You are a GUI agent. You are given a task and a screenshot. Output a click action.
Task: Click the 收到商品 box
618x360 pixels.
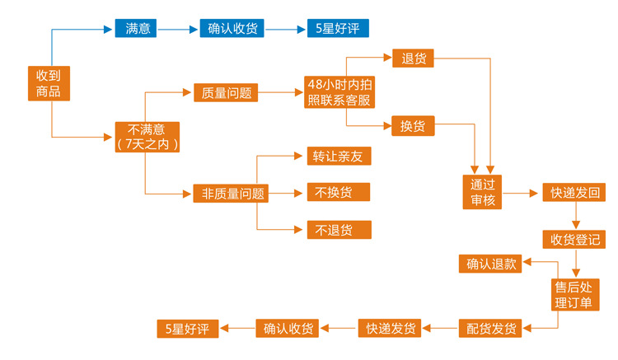pyautogui.click(x=49, y=83)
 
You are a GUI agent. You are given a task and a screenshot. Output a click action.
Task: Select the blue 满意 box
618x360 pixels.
pyautogui.click(x=136, y=29)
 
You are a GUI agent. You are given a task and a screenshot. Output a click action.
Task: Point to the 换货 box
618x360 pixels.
pyautogui.click(x=412, y=127)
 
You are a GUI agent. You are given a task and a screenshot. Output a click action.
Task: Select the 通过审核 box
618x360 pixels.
pyautogui.click(x=482, y=193)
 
